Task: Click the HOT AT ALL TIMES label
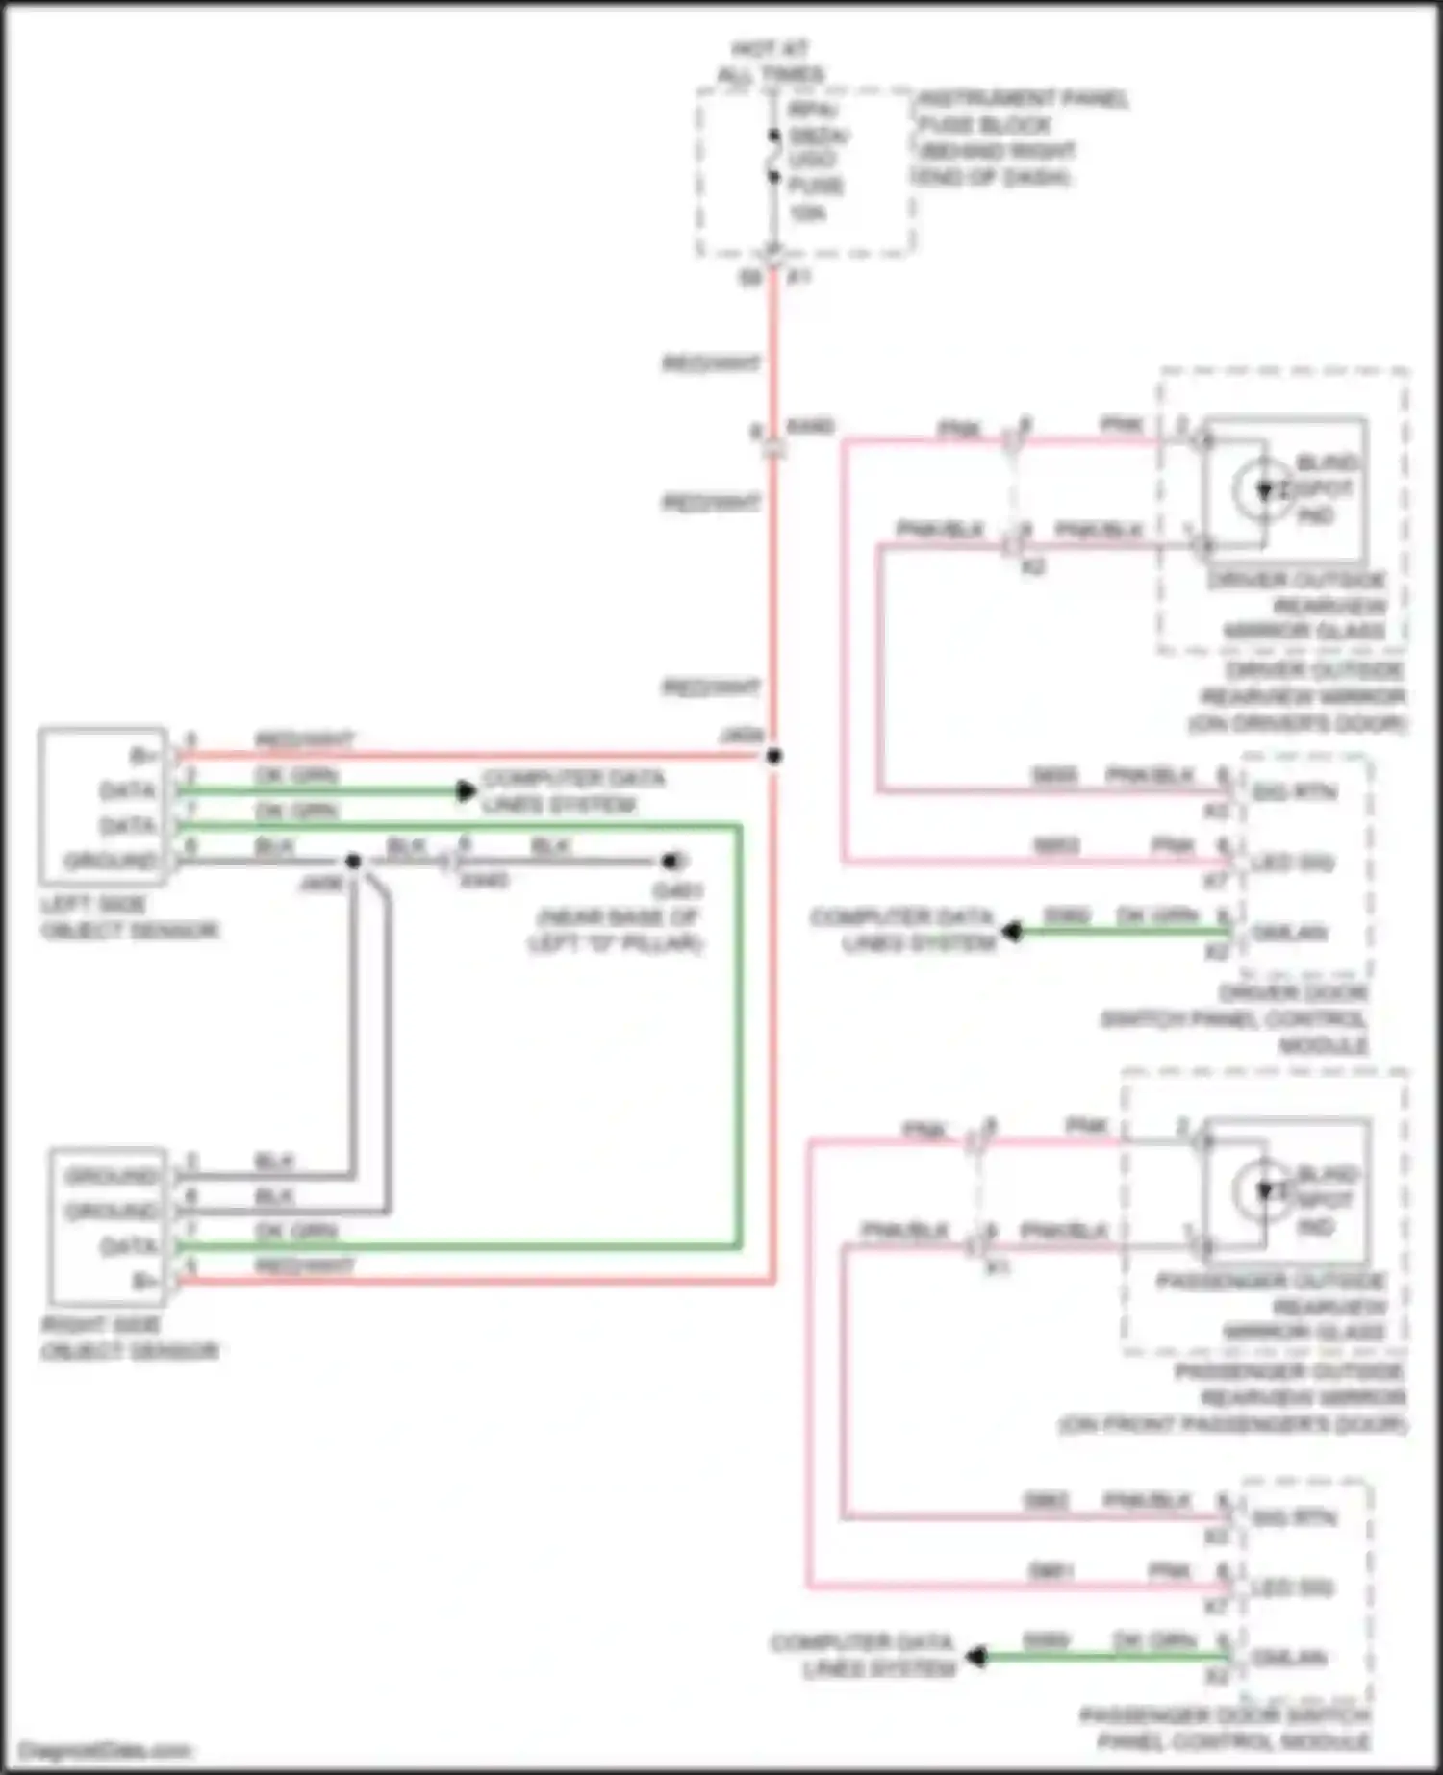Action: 771,62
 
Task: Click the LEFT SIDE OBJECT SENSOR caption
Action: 129,917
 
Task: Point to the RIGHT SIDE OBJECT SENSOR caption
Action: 129,1337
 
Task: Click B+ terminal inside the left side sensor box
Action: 143,756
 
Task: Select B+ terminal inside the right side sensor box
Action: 144,1281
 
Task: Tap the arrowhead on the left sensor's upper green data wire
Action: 467,791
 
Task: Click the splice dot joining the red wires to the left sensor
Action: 773,757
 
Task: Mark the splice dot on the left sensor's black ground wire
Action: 353,861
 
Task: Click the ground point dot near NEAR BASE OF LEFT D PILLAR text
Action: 671,861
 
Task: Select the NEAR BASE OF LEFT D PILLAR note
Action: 616,930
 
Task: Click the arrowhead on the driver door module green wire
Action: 1011,932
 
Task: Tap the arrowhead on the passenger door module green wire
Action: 976,1657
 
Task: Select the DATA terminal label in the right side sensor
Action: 129,1247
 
